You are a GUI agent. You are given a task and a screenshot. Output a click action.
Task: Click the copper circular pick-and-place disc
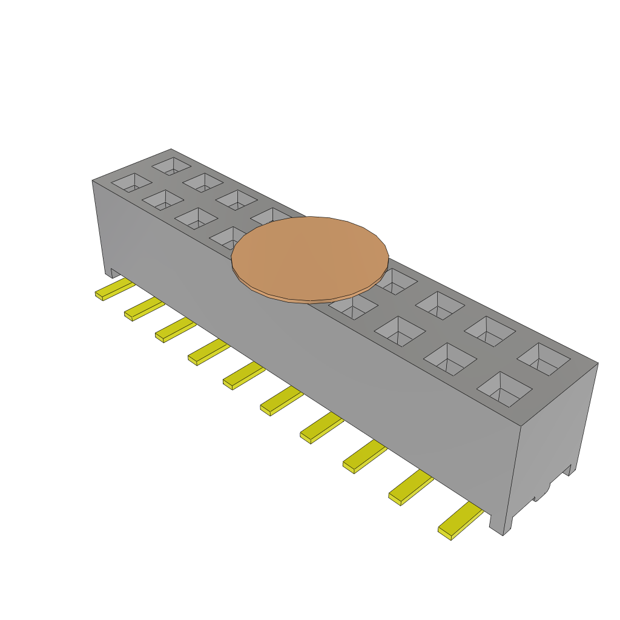[x=309, y=257]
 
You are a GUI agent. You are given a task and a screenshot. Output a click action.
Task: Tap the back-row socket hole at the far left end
[x=171, y=165]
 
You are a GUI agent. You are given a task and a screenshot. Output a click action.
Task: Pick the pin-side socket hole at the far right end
[x=504, y=388]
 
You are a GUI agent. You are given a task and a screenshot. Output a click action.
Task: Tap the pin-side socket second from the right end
[x=450, y=358]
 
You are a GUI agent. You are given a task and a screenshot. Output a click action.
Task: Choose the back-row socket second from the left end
[x=203, y=181]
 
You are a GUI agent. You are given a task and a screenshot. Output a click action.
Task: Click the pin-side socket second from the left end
[x=163, y=199]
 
